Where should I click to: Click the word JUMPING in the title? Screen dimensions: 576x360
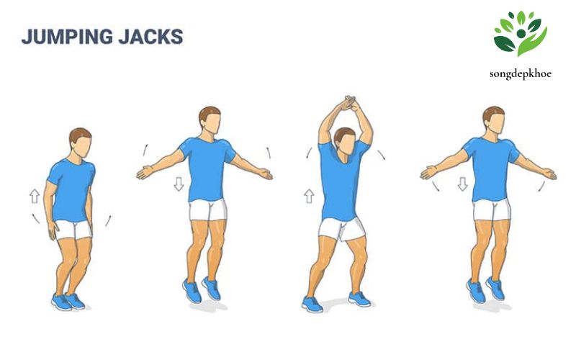click(x=67, y=37)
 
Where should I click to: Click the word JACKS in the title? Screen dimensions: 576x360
click(x=151, y=37)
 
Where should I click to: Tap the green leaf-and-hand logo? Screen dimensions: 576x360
click(x=520, y=34)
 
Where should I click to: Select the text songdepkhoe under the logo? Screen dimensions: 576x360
click(x=520, y=74)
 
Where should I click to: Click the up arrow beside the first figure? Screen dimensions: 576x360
click(x=35, y=196)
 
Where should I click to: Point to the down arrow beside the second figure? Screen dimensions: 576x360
click(x=179, y=184)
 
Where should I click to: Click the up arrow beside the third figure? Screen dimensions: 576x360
click(x=310, y=196)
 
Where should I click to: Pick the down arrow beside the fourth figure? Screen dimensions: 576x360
click(x=463, y=184)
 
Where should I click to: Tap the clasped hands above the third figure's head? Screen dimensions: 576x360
click(x=348, y=103)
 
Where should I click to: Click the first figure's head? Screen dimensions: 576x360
click(x=81, y=143)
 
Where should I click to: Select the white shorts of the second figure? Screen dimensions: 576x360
click(x=208, y=210)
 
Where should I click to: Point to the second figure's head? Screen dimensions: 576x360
click(x=210, y=120)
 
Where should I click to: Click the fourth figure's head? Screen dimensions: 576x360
click(x=494, y=120)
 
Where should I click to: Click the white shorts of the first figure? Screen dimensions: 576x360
click(x=74, y=230)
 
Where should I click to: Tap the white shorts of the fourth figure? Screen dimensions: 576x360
click(x=492, y=210)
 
